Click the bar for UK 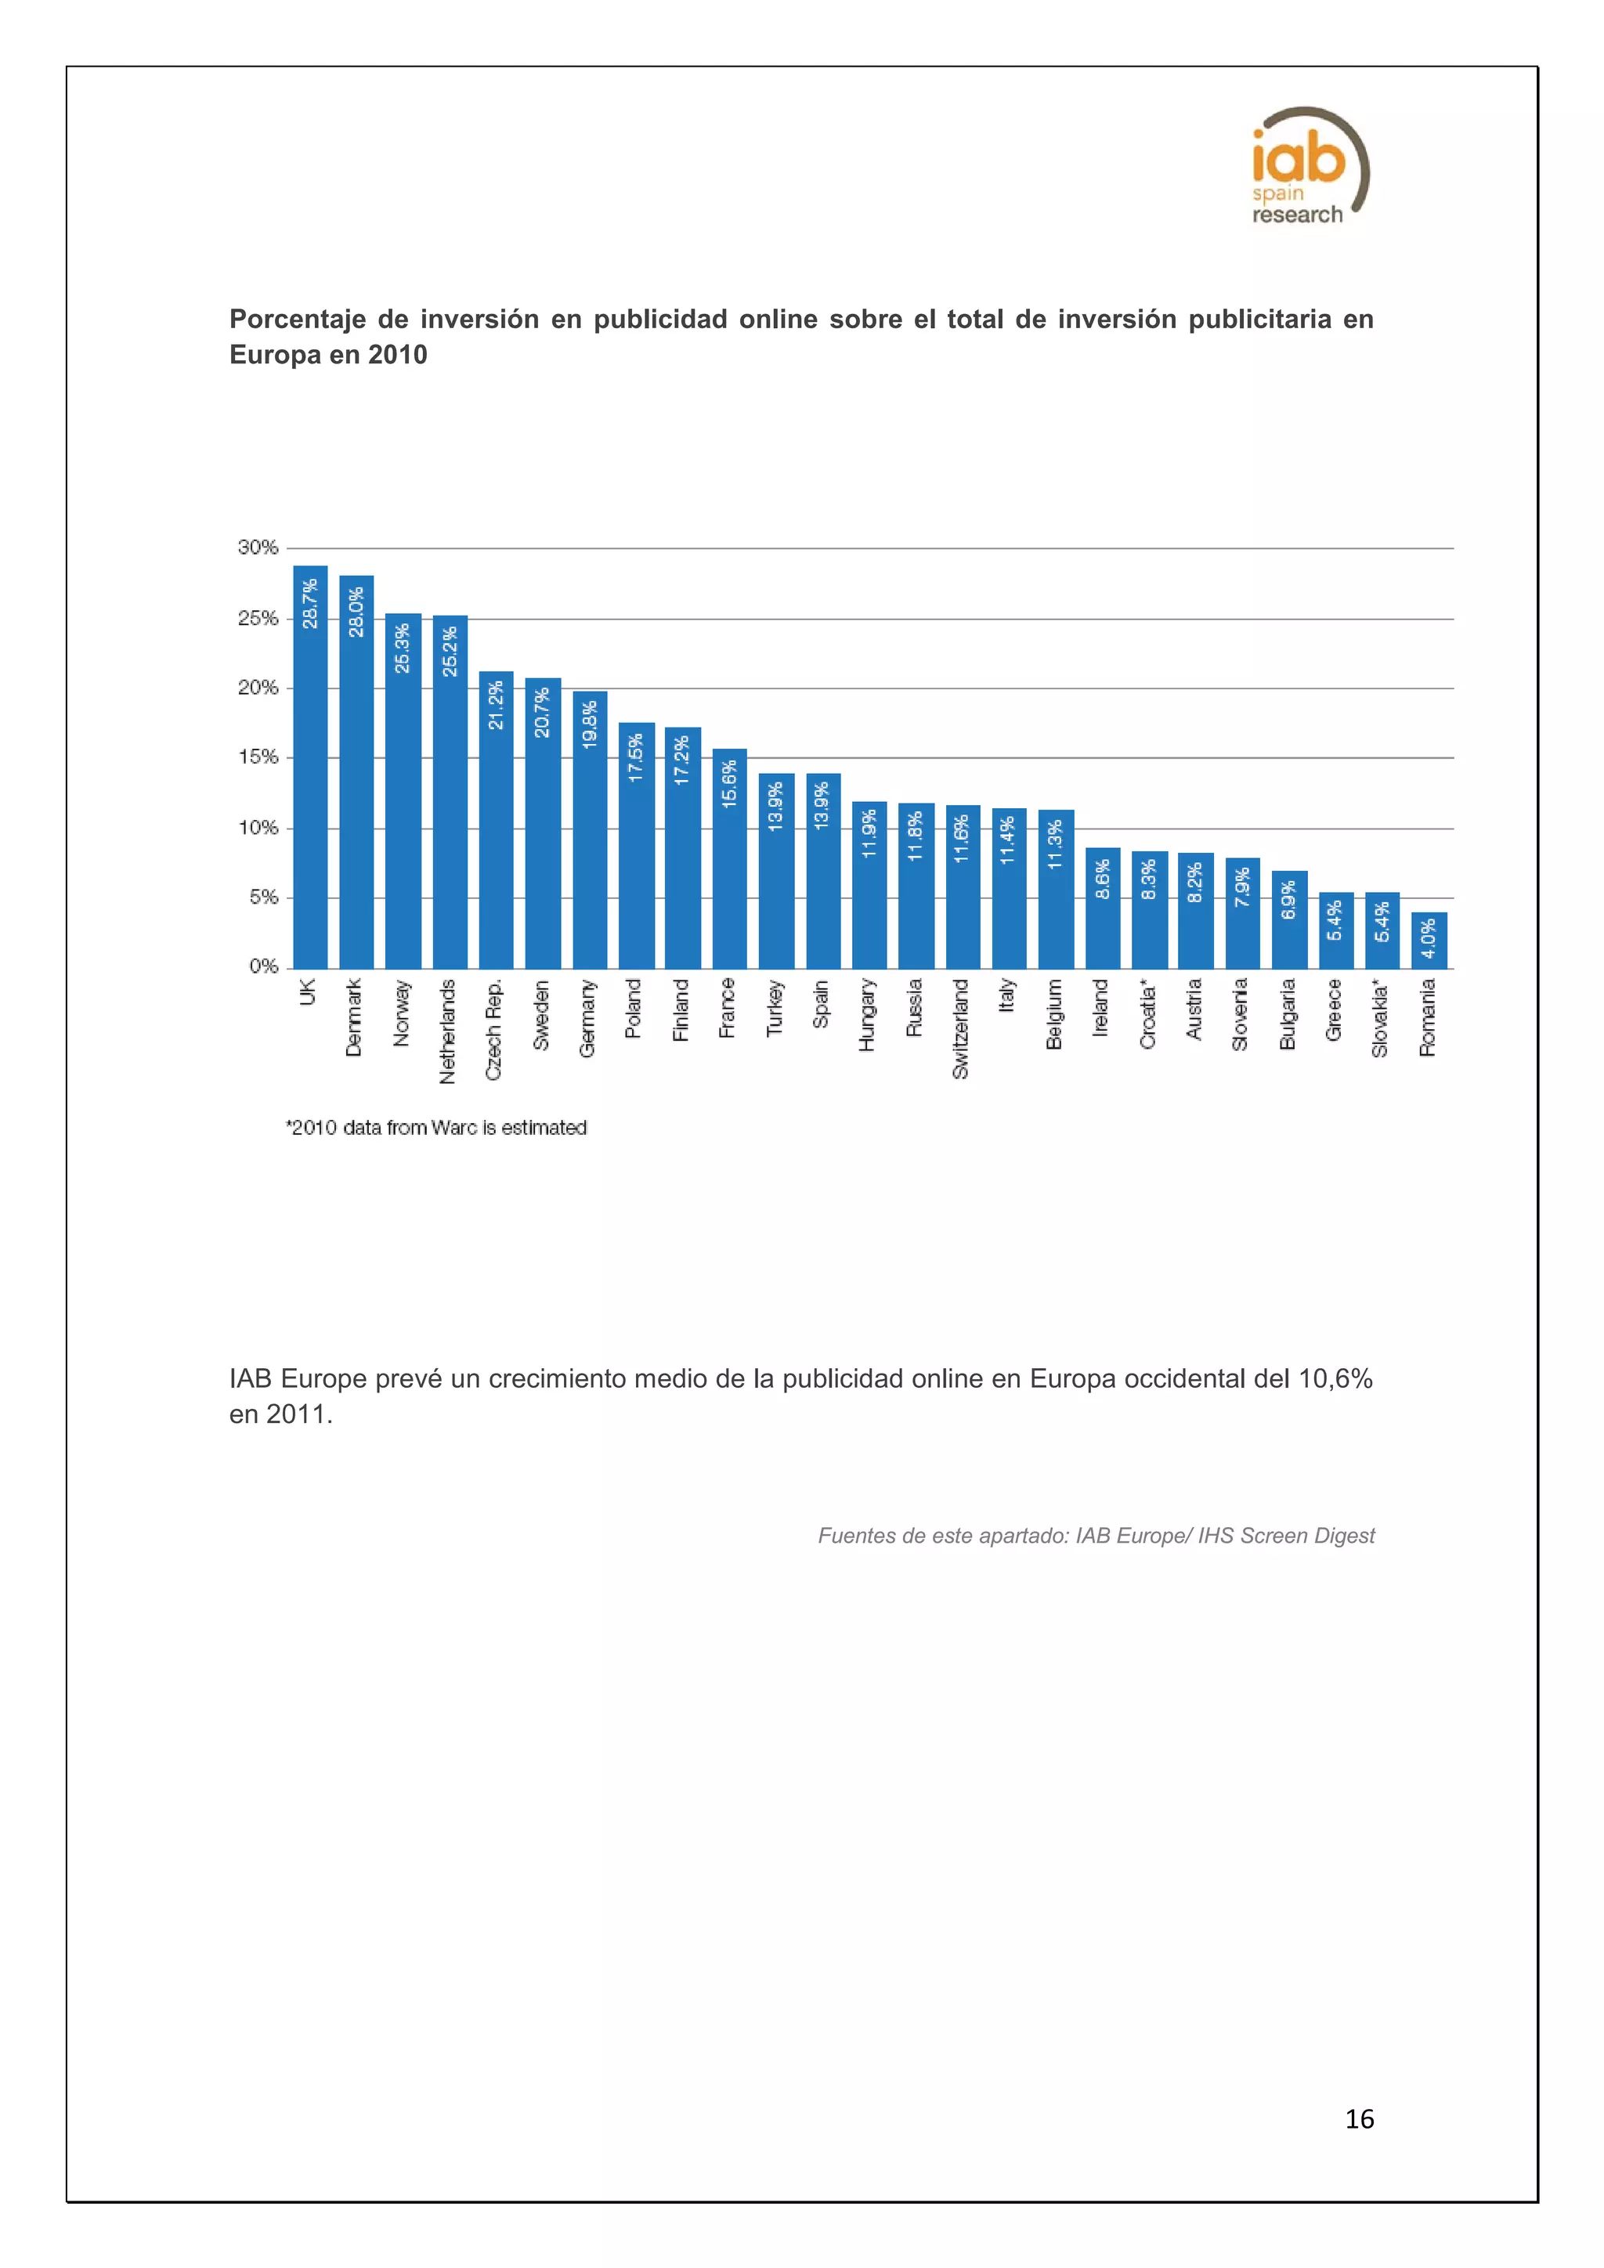pos(310,771)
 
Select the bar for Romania pos(1429,941)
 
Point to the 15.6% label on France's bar pos(730,784)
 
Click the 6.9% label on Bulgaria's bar pos(1289,900)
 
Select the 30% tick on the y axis pos(258,547)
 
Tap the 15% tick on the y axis pos(258,757)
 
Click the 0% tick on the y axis pos(262,966)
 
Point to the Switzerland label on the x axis pos(961,1028)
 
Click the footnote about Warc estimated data pos(436,1127)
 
